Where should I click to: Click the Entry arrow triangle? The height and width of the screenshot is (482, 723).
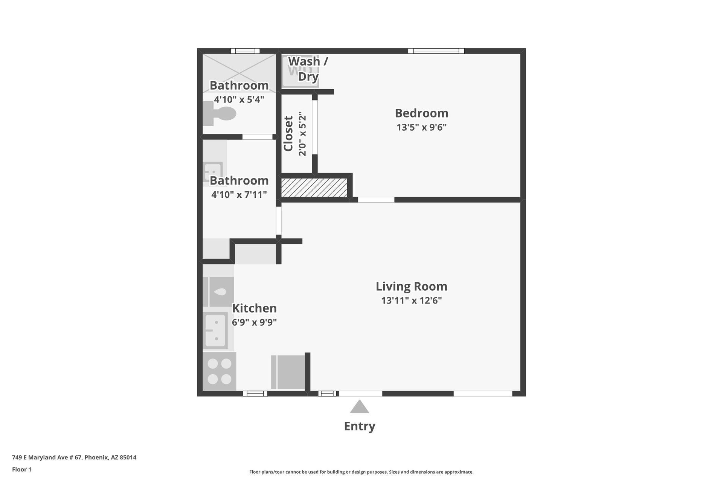pyautogui.click(x=360, y=407)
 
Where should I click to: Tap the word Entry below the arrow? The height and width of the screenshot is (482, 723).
pyautogui.click(x=360, y=426)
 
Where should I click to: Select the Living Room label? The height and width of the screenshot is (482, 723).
pyautogui.click(x=411, y=287)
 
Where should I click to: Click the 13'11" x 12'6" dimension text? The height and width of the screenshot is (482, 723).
pyautogui.click(x=411, y=300)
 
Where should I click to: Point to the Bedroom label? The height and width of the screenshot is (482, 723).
pyautogui.click(x=421, y=113)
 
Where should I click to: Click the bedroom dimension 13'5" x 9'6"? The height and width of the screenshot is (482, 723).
pyautogui.click(x=421, y=127)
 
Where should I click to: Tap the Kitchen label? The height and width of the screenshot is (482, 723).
pyautogui.click(x=254, y=308)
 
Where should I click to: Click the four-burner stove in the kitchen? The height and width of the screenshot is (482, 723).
pyautogui.click(x=220, y=371)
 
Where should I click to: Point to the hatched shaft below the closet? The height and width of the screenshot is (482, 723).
pyautogui.click(x=314, y=188)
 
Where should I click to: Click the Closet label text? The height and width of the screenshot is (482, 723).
pyautogui.click(x=288, y=134)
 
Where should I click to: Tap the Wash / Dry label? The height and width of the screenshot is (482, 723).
pyautogui.click(x=308, y=69)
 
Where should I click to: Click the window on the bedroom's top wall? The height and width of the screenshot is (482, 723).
pyautogui.click(x=436, y=51)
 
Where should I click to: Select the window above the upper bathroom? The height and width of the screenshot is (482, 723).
pyautogui.click(x=245, y=51)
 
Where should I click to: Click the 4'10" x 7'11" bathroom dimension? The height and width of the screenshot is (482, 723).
pyautogui.click(x=239, y=195)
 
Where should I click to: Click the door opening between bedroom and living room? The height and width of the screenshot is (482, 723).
pyautogui.click(x=376, y=200)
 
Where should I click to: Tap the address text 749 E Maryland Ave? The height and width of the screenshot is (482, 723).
pyautogui.click(x=74, y=458)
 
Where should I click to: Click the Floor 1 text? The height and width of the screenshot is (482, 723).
pyautogui.click(x=22, y=469)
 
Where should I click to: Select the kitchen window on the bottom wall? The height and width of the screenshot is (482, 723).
pyautogui.click(x=255, y=394)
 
